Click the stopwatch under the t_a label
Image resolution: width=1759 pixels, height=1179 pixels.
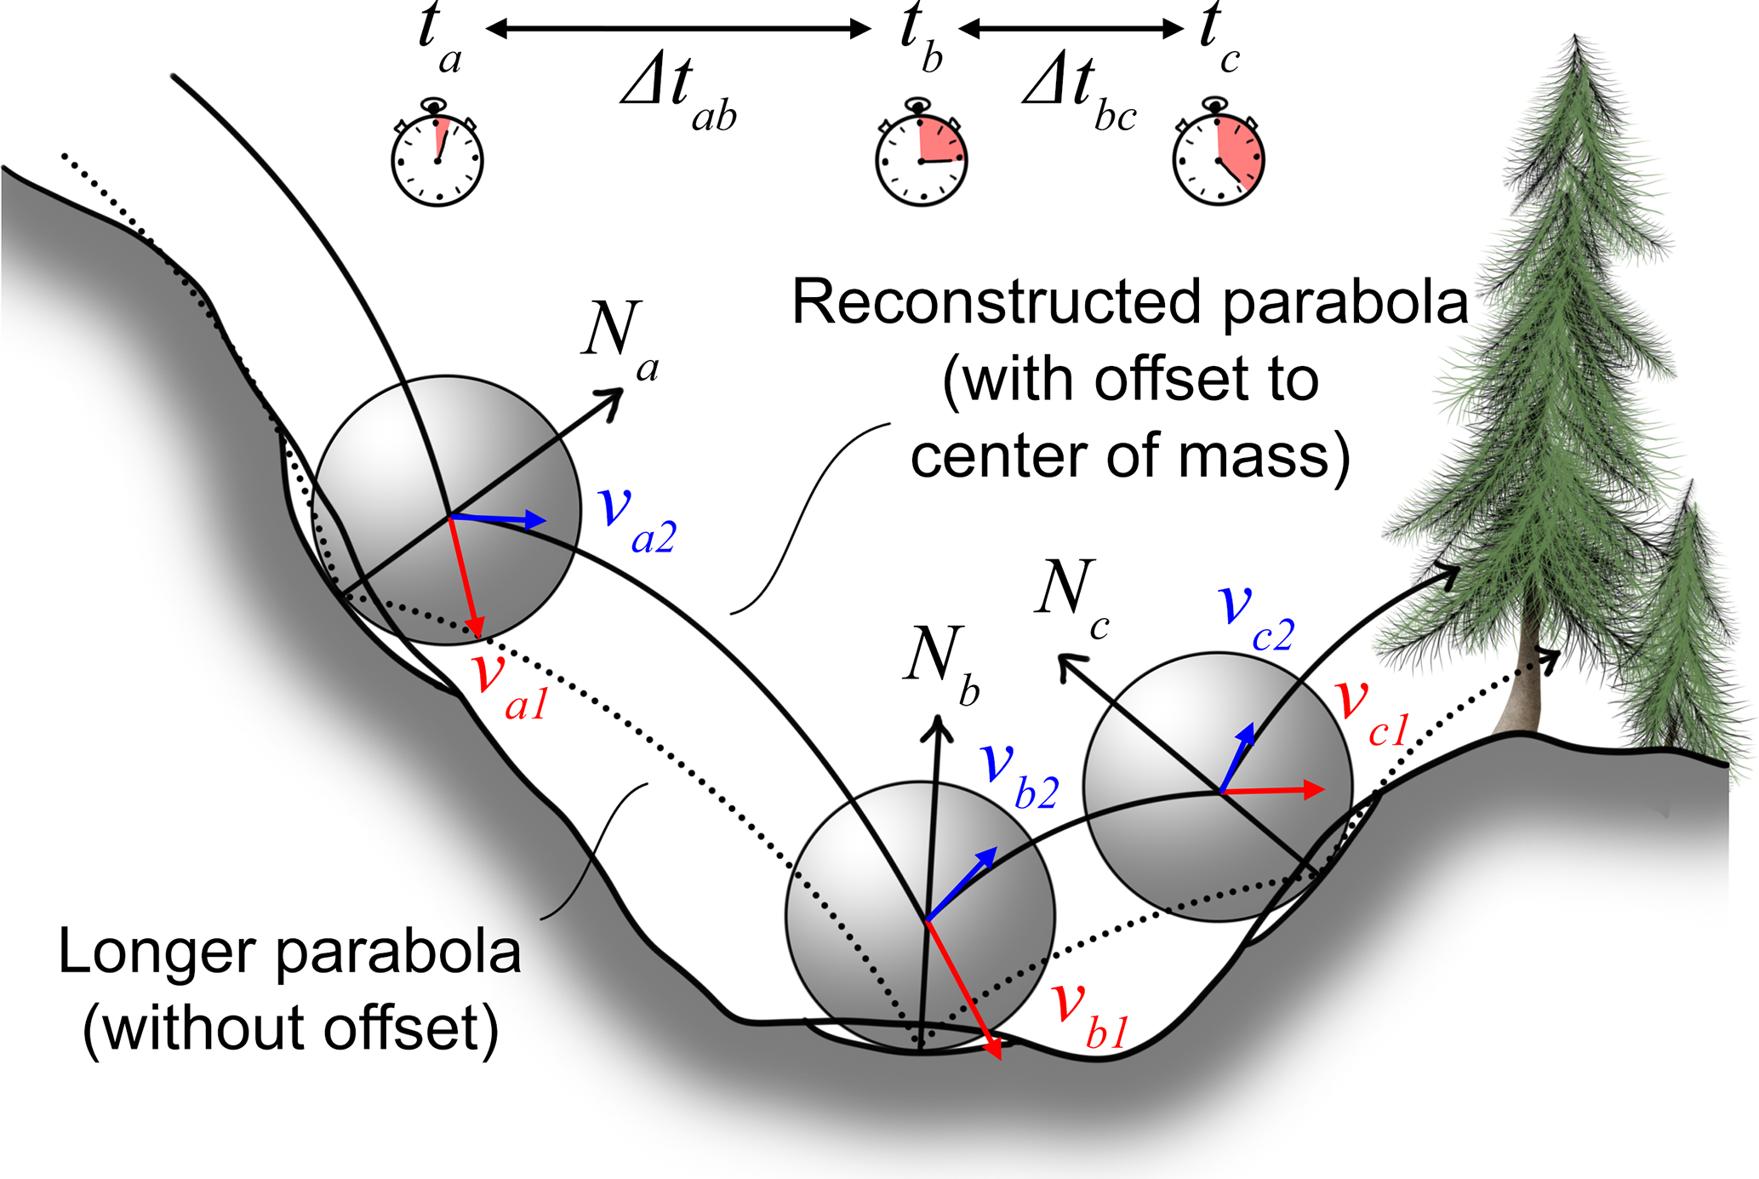437,157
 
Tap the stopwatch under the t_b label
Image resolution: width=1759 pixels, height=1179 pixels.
922,157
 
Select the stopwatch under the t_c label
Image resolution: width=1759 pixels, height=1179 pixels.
1219,157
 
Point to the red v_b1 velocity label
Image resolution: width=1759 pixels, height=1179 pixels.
1090,1013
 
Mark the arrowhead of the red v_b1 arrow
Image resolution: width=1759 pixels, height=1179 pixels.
995,1052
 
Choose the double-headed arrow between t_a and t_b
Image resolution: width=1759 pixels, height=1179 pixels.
678,30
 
